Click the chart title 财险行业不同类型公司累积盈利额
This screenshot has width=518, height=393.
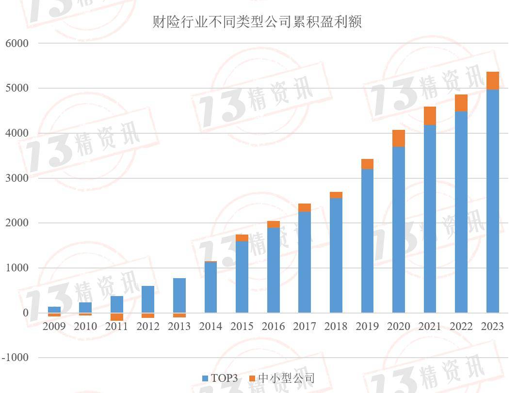(257, 22)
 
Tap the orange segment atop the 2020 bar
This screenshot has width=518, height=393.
(398, 139)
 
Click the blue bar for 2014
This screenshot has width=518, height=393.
(210, 287)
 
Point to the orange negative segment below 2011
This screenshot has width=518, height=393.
(116, 317)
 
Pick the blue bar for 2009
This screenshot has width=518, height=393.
(54, 310)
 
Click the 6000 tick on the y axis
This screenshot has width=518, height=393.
(17, 43)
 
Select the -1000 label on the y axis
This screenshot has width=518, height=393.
(16, 358)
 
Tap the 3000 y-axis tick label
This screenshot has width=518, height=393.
(17, 178)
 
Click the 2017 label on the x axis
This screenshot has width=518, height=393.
(305, 327)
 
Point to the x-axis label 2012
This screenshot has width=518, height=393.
(148, 327)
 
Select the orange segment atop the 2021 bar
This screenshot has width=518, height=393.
(430, 116)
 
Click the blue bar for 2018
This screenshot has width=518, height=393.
(336, 255)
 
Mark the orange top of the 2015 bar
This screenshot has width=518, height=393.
(242, 238)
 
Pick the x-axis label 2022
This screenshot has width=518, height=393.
(461, 327)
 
